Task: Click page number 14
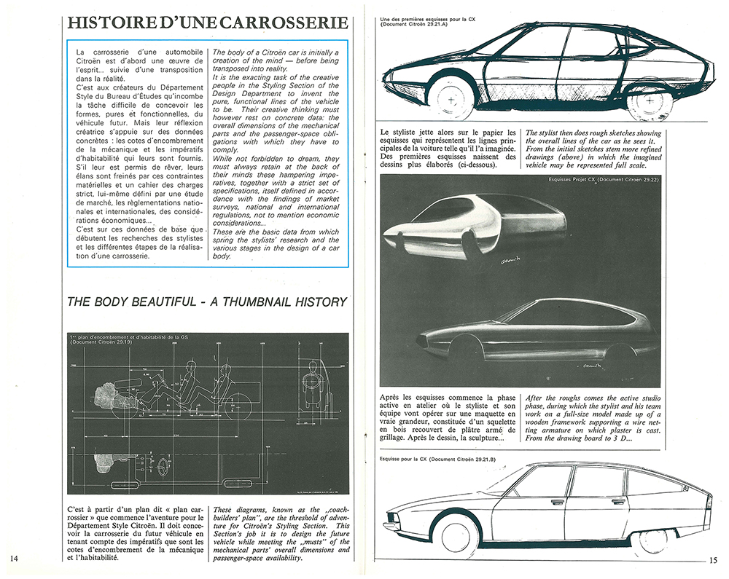pos(15,558)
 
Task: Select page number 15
pos(714,559)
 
